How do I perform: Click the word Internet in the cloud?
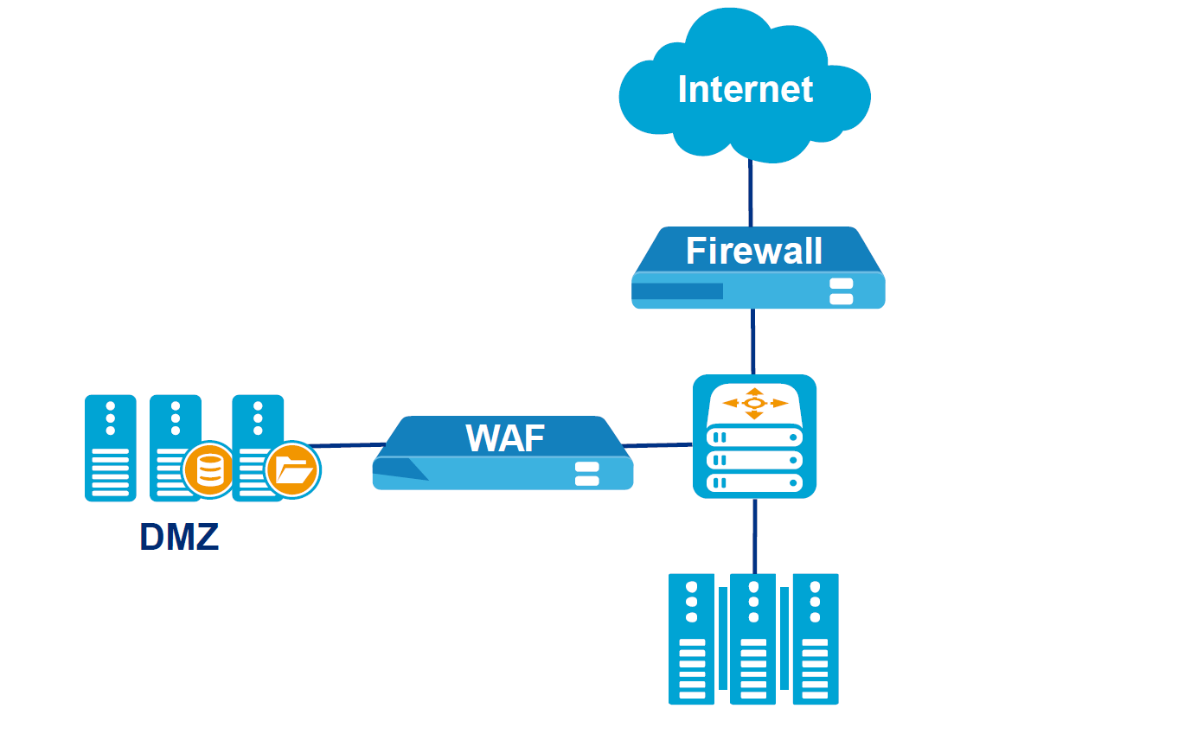pos(746,89)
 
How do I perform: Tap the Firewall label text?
pos(754,251)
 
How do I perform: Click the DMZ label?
pos(179,537)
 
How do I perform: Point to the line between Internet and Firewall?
pos(750,194)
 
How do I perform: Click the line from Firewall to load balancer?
pos(753,341)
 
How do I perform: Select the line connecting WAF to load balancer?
pos(657,445)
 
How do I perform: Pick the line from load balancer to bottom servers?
pos(754,536)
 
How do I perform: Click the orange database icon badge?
pos(208,470)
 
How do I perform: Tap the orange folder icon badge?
pos(292,471)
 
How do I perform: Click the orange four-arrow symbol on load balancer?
pos(755,403)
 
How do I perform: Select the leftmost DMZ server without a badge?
pos(111,448)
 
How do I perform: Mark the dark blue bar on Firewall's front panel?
pos(677,291)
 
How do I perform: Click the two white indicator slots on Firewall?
pos(841,291)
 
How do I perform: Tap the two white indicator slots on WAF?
pos(587,473)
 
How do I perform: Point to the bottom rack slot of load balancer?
pos(754,482)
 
